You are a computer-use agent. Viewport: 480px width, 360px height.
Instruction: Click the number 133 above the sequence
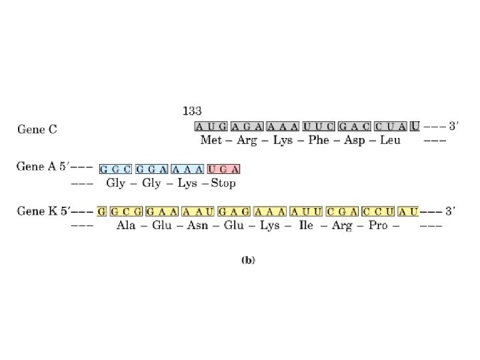pos(193,111)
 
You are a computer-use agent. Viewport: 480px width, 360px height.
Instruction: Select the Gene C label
pos(37,129)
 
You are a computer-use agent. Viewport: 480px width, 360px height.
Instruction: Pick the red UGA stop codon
pos(223,169)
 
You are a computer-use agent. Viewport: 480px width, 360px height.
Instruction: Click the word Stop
pos(223,183)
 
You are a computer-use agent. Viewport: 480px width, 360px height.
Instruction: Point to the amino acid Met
pos(211,141)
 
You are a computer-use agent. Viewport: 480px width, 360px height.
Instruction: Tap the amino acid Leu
pos(388,141)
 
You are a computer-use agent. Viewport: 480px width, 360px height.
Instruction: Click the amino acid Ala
pos(126,225)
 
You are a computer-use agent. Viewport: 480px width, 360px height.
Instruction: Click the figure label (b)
pos(247,261)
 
